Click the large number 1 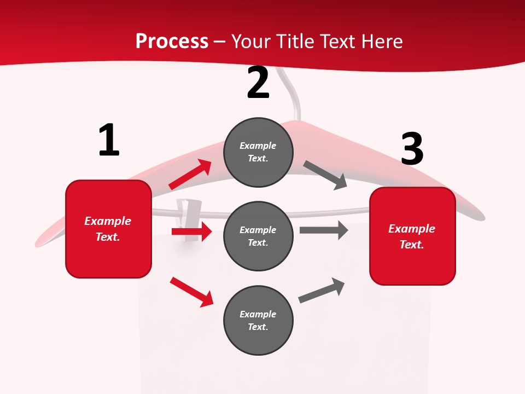109,140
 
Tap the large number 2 258,83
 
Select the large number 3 412,149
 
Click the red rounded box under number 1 108,229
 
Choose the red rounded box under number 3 412,236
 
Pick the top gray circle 258,152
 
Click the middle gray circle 258,236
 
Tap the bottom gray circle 258,320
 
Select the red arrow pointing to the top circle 190,175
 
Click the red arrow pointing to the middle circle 191,231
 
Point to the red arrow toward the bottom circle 191,292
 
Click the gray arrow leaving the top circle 325,175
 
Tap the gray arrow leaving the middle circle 324,230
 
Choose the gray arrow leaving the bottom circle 322,291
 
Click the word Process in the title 172,41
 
